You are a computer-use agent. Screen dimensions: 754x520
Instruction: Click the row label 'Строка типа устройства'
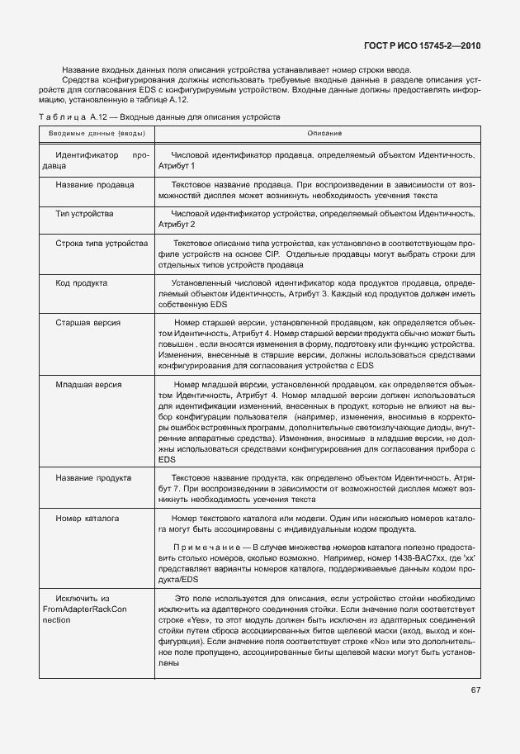(x=102, y=244)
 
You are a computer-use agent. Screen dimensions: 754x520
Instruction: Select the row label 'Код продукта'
(x=81, y=283)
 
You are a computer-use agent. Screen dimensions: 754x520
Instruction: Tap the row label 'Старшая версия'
(x=88, y=323)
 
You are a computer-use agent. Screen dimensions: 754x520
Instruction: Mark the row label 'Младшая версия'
(x=88, y=384)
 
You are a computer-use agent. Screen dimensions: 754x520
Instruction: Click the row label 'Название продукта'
(x=93, y=478)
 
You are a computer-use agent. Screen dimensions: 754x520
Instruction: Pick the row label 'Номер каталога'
(x=88, y=518)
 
